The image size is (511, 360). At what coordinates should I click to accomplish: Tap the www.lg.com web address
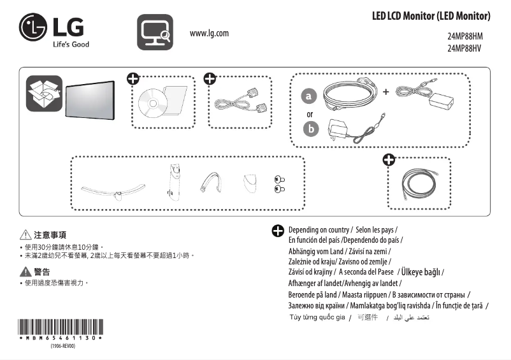[209, 33]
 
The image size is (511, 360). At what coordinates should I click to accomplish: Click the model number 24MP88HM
[464, 36]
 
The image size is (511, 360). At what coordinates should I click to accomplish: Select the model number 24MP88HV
[464, 48]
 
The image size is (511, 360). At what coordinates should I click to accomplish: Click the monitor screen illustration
[90, 99]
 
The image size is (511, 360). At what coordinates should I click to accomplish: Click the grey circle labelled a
[310, 96]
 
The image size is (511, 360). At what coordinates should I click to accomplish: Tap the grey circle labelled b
[310, 129]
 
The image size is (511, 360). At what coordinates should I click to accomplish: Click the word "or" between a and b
[310, 114]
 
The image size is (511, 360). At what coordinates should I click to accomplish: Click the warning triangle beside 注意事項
[26, 234]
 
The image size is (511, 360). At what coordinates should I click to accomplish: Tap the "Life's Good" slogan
[71, 45]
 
